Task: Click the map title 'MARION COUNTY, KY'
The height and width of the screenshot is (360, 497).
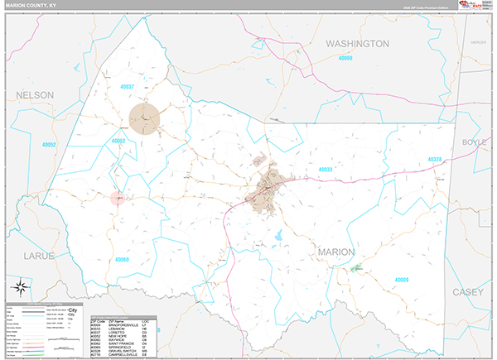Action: click(32, 6)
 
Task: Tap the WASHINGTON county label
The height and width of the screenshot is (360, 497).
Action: click(357, 43)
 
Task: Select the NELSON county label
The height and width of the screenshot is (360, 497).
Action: click(34, 95)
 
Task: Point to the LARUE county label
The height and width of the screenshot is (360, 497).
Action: click(39, 256)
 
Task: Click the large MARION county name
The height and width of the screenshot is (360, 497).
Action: click(335, 252)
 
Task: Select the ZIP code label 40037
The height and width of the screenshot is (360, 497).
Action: click(128, 87)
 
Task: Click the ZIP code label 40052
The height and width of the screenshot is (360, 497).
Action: click(49, 145)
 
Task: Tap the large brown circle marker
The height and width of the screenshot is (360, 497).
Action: click(145, 117)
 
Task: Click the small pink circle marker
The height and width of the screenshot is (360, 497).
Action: click(118, 198)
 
